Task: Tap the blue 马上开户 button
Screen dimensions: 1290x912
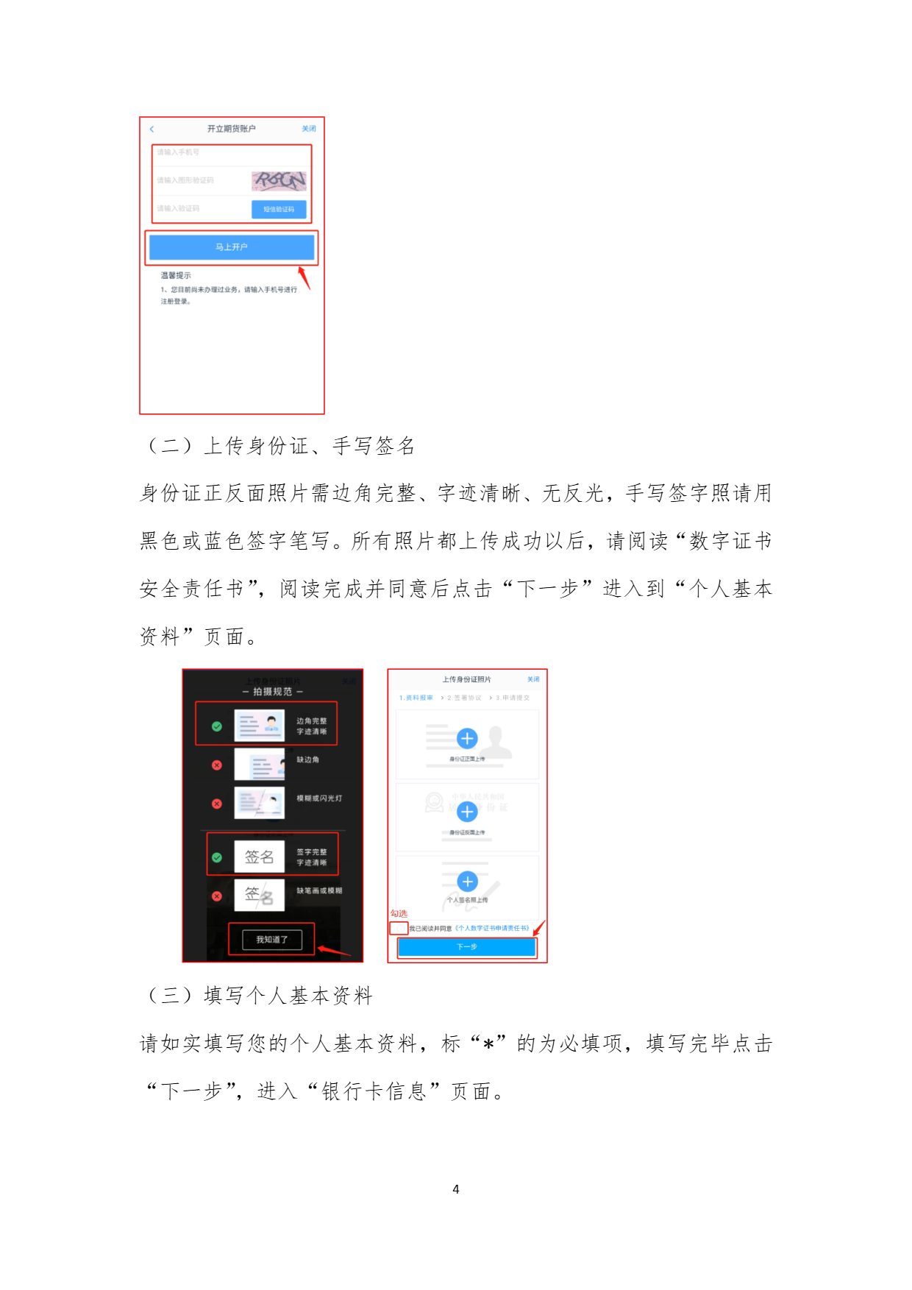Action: [231, 247]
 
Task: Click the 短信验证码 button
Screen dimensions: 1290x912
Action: [279, 209]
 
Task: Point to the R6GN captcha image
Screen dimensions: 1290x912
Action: [279, 180]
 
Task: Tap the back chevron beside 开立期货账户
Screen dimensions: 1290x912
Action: [152, 129]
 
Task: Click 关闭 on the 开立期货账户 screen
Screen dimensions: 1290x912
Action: [309, 129]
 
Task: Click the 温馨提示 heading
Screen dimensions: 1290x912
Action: [176, 275]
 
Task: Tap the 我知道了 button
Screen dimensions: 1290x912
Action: [271, 940]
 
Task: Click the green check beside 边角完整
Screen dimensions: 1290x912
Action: [217, 726]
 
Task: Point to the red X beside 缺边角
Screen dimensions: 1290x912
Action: [217, 765]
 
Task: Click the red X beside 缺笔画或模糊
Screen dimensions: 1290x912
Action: [217, 896]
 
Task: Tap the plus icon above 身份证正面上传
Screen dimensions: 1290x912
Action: [467, 738]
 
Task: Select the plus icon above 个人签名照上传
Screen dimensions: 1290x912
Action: [467, 882]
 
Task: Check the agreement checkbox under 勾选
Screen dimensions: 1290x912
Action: [399, 929]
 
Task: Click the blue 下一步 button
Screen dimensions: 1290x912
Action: [466, 947]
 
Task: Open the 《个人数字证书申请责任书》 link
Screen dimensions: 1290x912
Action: [492, 929]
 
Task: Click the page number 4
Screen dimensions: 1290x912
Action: [456, 1189]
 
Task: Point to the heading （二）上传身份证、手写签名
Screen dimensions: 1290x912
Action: [280, 446]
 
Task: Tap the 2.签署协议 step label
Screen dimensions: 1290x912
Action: [464, 698]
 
